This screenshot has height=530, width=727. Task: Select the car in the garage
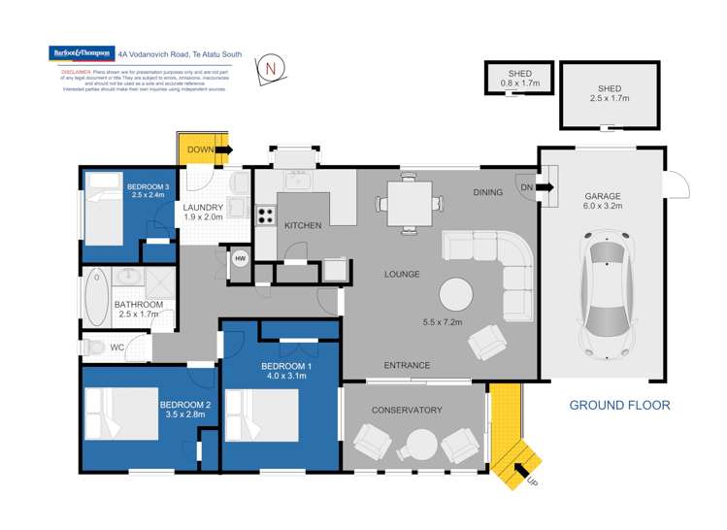tap(609, 294)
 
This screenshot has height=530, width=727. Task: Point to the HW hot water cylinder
tap(239, 258)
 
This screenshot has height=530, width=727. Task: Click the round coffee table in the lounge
tap(458, 294)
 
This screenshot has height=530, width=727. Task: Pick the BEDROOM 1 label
tap(281, 366)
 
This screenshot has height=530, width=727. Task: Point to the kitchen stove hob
tap(262, 214)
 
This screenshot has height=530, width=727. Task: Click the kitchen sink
tap(296, 180)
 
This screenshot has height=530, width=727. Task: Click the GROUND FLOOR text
tap(618, 405)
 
